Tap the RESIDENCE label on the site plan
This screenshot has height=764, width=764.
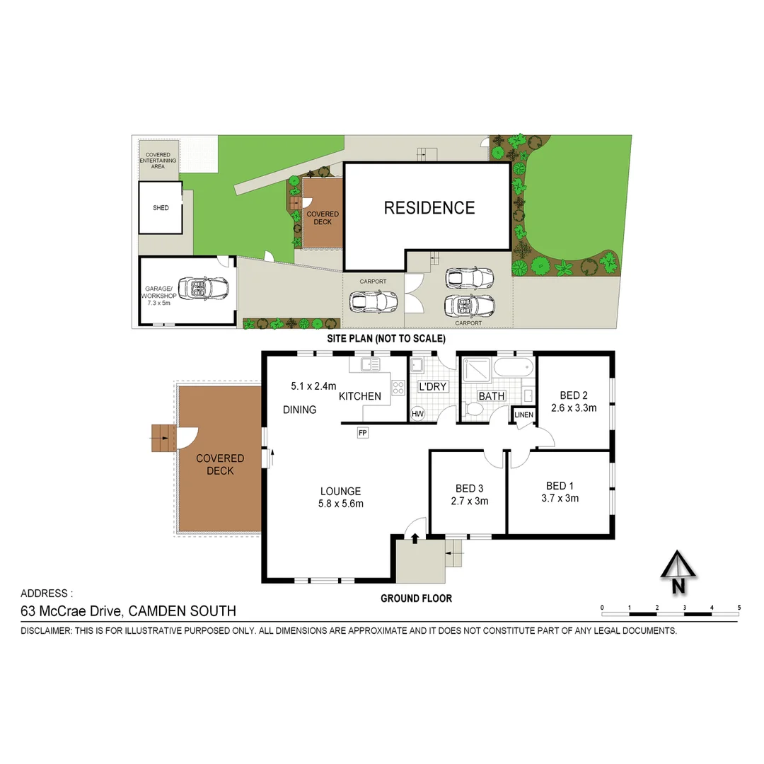pos(429,208)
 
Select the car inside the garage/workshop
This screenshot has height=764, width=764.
pos(204,288)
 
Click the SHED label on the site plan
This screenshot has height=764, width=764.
pos(161,208)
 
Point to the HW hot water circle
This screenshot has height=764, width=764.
pos(418,414)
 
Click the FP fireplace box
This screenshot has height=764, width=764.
pos(363,432)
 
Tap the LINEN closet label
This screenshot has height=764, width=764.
pos(524,415)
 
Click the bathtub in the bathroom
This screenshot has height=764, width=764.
pos(511,368)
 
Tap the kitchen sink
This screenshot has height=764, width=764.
pos(370,365)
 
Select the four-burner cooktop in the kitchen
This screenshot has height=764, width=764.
pos(398,388)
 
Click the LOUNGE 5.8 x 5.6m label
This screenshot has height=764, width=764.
pos(340,497)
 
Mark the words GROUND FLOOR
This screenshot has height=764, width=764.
pos(416,598)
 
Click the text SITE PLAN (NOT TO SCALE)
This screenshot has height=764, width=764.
pos(386,339)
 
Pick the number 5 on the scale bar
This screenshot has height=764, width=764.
pos(739,607)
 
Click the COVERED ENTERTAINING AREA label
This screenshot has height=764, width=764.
pos(158,161)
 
